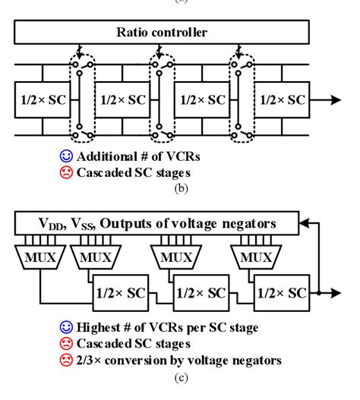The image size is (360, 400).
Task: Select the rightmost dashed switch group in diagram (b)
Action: coord(242,99)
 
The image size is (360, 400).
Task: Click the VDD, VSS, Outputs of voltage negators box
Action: coord(157,222)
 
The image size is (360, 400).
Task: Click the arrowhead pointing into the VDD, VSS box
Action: coord(305,222)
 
